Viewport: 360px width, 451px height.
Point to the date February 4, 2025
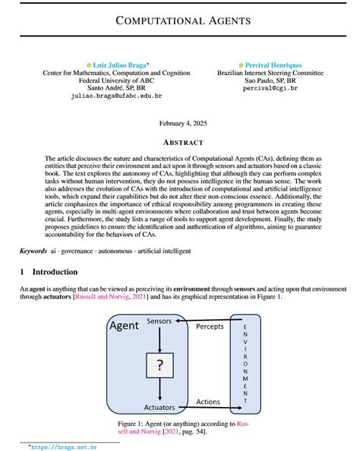coord(180,122)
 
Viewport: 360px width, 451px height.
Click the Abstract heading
coord(180,142)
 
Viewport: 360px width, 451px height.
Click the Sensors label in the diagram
coord(159,321)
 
